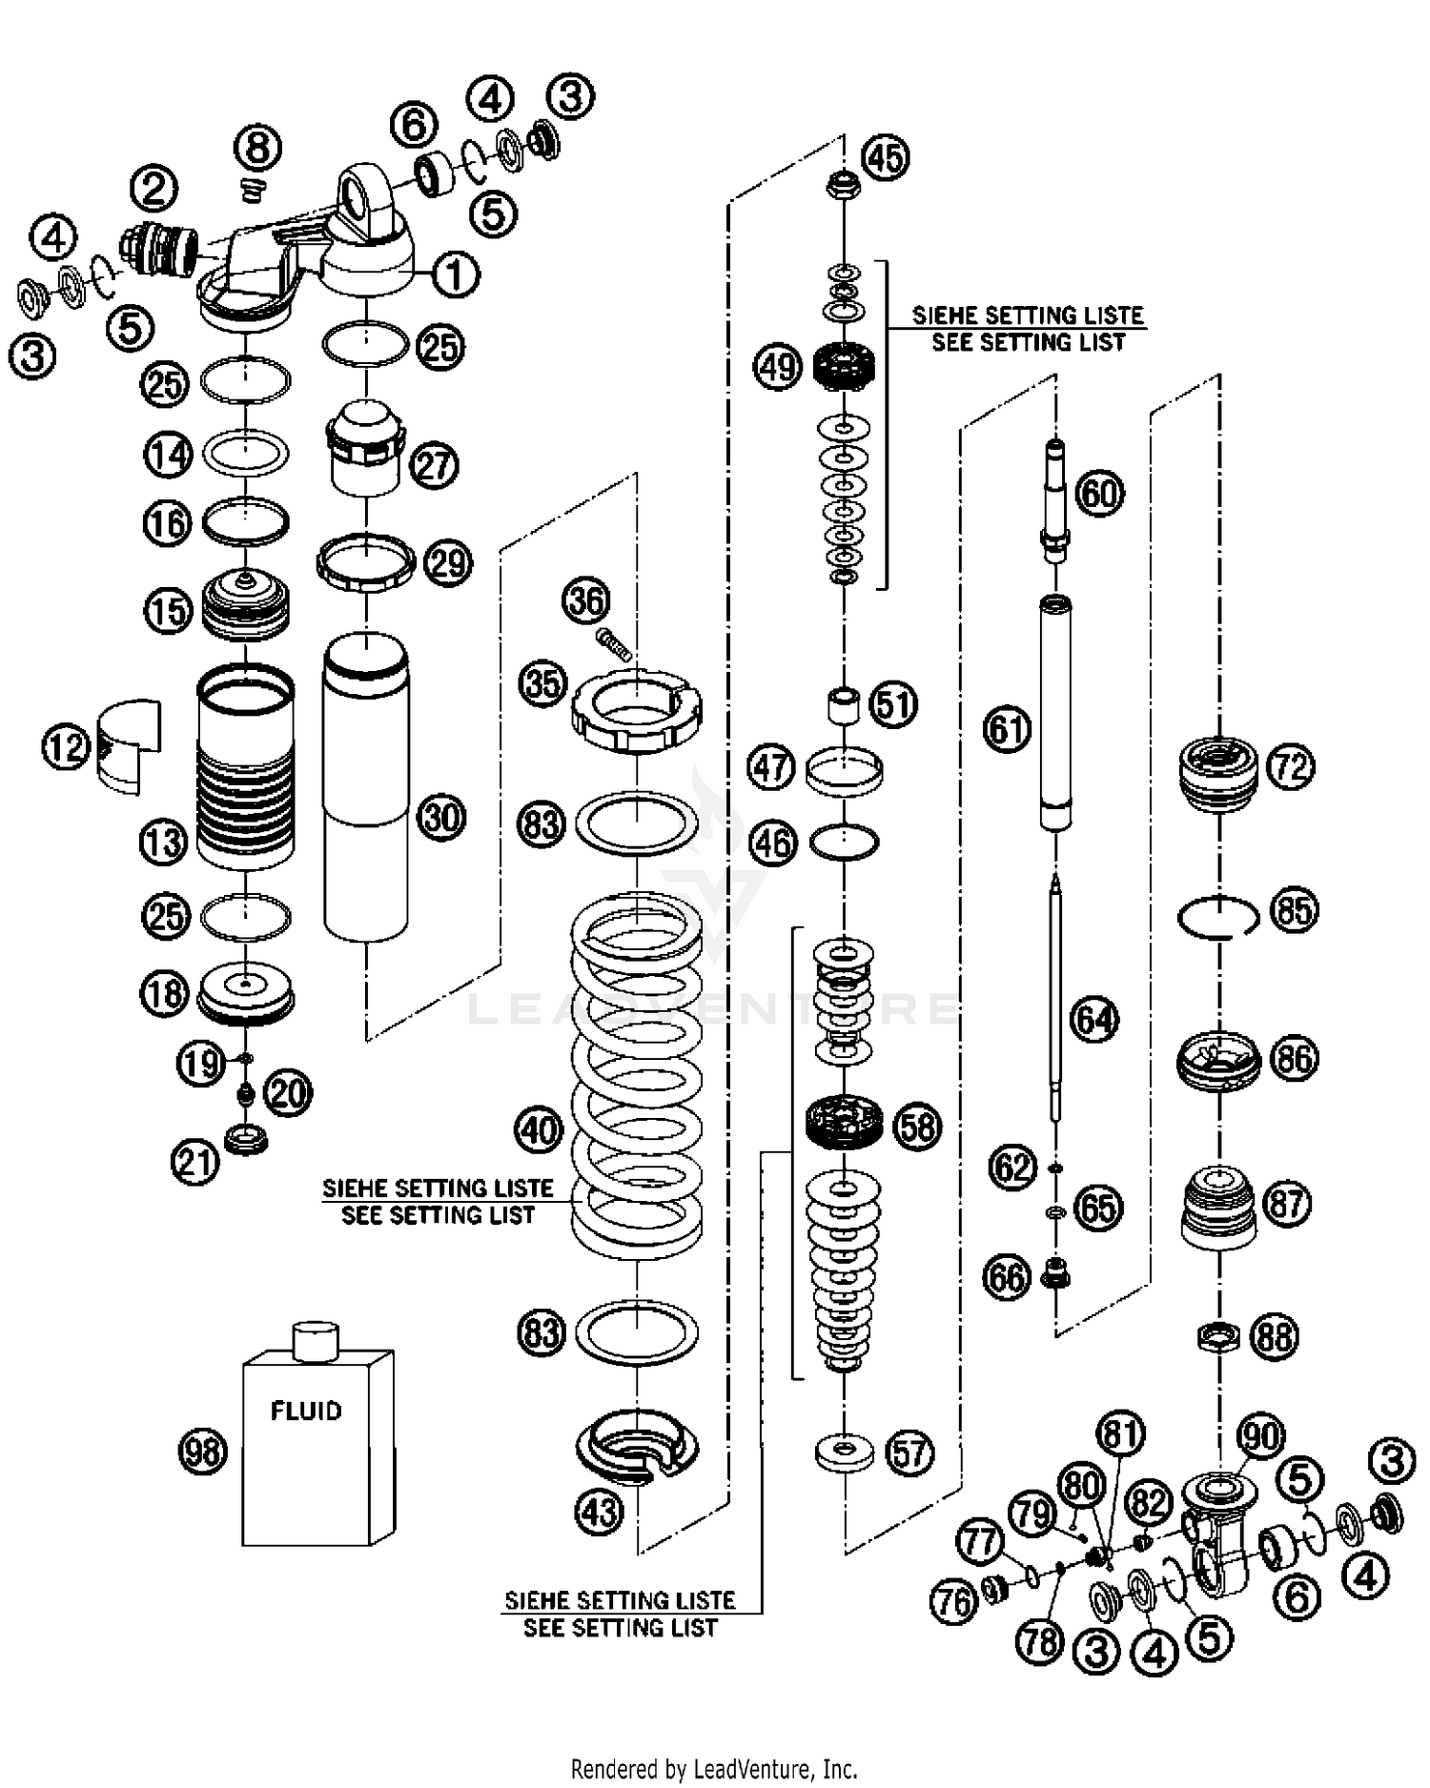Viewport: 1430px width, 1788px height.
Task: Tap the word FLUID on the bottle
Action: (x=306, y=1411)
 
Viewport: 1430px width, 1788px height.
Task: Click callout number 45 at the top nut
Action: (x=886, y=157)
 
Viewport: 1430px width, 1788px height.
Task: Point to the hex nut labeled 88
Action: (x=1218, y=1336)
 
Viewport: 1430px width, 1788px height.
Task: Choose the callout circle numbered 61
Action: (x=1008, y=730)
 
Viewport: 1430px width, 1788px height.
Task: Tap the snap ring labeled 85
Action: (x=1217, y=918)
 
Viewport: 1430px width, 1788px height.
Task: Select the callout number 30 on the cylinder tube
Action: (x=441, y=817)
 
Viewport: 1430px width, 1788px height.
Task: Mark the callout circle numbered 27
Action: (x=434, y=466)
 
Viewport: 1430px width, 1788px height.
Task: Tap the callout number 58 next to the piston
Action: (x=917, y=1128)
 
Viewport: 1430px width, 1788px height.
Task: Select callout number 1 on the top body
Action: (x=455, y=275)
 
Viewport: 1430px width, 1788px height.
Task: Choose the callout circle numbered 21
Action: (x=195, y=1162)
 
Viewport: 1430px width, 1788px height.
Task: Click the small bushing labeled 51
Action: (x=842, y=705)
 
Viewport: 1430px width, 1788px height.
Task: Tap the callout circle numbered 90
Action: (x=1260, y=1435)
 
